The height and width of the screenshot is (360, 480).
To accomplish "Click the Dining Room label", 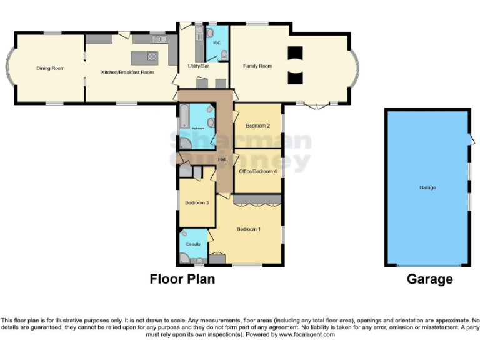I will pyautogui.click(x=51, y=68).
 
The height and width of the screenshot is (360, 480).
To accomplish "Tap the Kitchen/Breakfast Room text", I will pyautogui.click(x=127, y=72).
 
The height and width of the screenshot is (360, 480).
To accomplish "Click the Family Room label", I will pyautogui.click(x=257, y=66).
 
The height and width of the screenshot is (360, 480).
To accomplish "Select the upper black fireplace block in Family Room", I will pyautogui.click(x=295, y=53).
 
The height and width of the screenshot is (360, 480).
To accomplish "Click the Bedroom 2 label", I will pyautogui.click(x=257, y=126).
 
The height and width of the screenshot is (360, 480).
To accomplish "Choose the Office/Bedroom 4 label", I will pyautogui.click(x=257, y=171).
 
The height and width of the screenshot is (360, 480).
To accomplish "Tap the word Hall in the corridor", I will pyautogui.click(x=222, y=160).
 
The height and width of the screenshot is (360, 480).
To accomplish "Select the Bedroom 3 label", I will pyautogui.click(x=196, y=202).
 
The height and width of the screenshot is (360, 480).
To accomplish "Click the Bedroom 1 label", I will pyautogui.click(x=248, y=229).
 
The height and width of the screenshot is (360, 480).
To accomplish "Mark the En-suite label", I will pyautogui.click(x=193, y=244).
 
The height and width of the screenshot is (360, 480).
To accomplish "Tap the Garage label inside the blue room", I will pyautogui.click(x=427, y=187).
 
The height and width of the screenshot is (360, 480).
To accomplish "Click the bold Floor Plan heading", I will pyautogui.click(x=182, y=279).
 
